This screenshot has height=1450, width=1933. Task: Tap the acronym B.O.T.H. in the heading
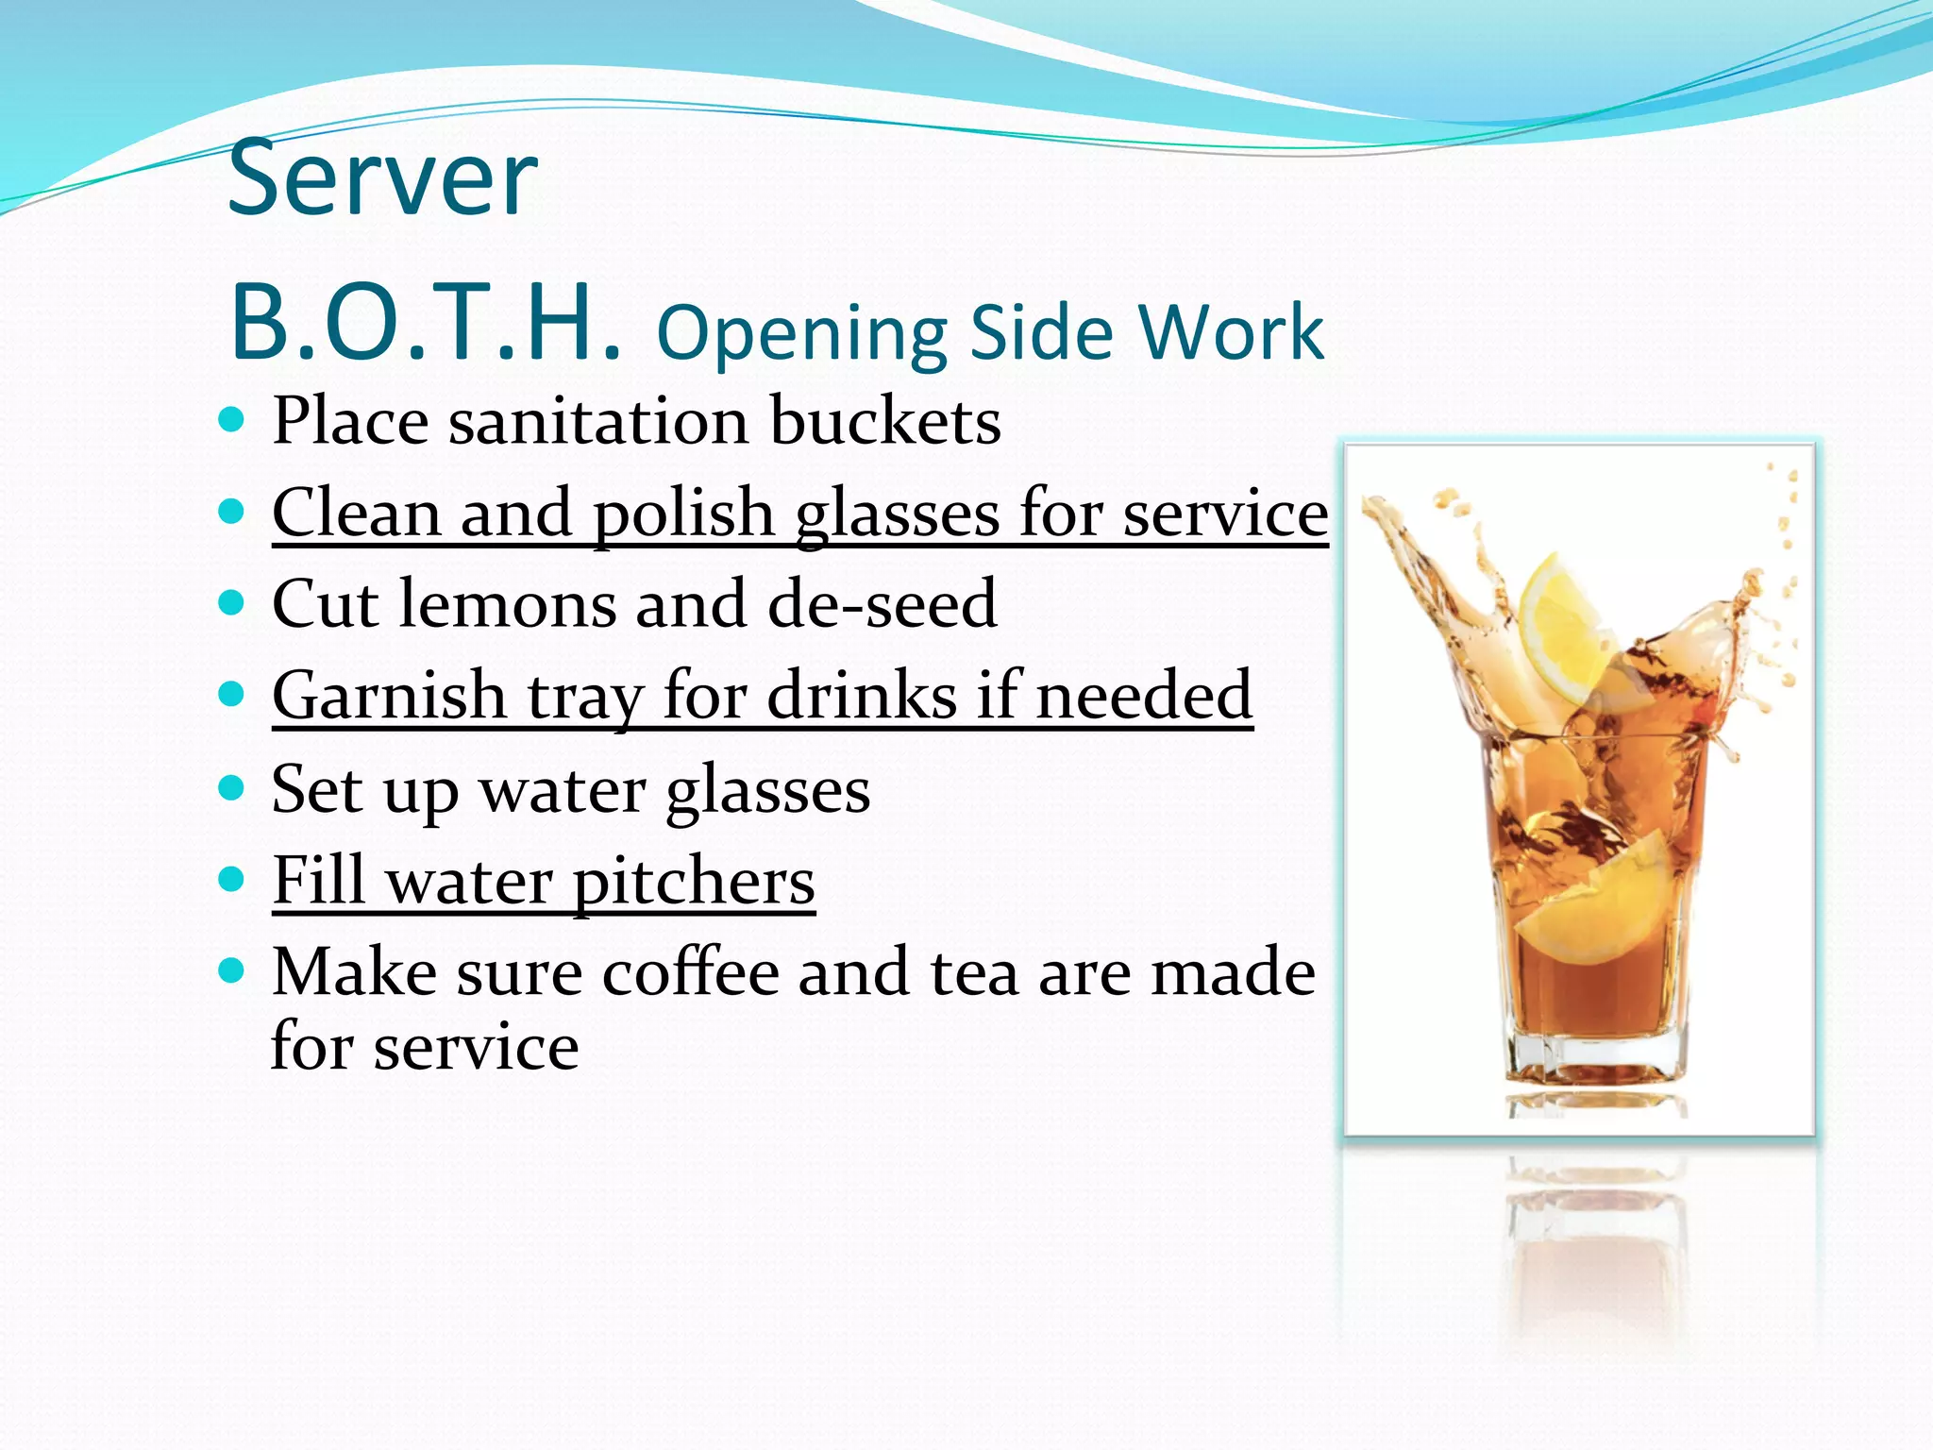tap(425, 323)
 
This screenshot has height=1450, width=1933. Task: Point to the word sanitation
tap(599, 421)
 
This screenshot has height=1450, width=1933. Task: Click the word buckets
tap(885, 421)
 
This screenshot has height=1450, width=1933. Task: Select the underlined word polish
tap(683, 514)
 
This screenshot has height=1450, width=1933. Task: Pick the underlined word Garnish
tap(389, 697)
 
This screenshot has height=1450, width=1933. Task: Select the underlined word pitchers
tap(694, 882)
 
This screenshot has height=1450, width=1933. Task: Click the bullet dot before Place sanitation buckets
tap(231, 419)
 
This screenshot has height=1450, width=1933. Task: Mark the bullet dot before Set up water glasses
tap(231, 787)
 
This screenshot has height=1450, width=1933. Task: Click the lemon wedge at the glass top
tap(1562, 628)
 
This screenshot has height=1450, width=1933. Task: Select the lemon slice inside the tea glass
tap(1590, 906)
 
